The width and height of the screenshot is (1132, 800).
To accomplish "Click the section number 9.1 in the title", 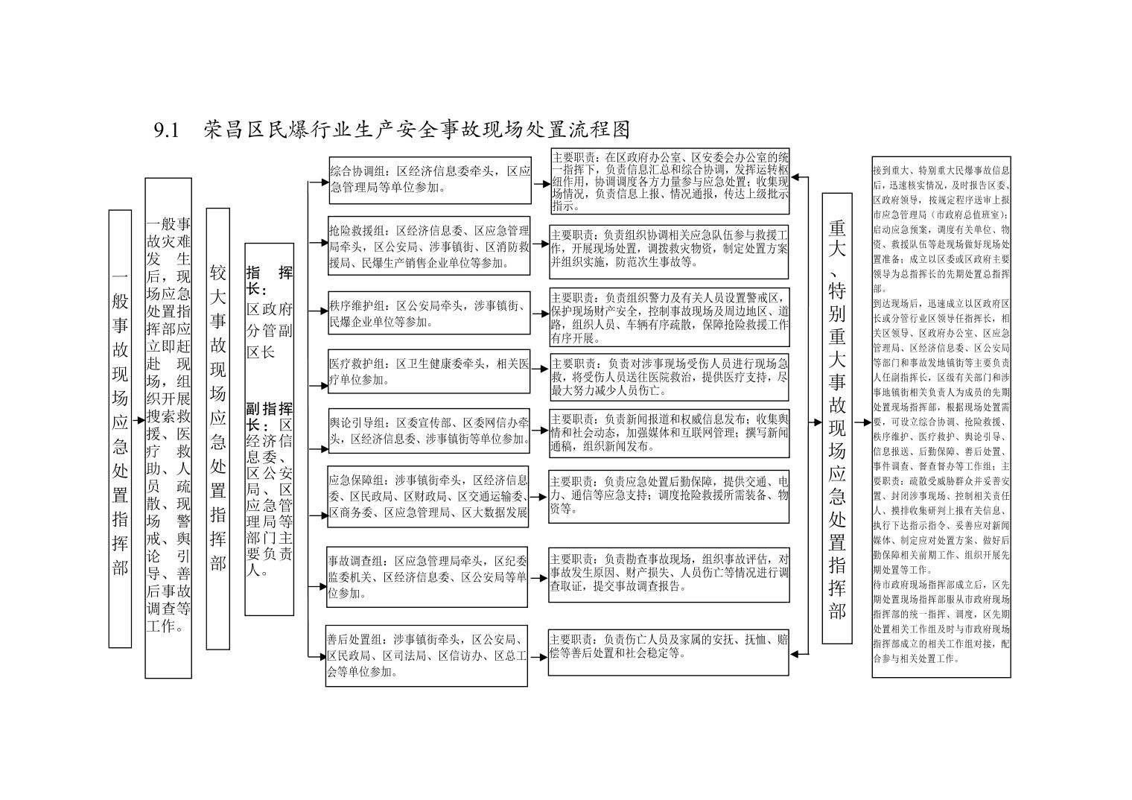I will click(x=167, y=130).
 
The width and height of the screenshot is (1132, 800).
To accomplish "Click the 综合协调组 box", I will click(x=430, y=180).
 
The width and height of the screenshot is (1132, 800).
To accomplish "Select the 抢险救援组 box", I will click(x=429, y=245).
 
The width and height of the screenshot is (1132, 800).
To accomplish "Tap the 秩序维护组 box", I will click(x=429, y=313).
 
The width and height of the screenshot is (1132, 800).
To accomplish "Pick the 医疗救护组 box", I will click(x=429, y=371).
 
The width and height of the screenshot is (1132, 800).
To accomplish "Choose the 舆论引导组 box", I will click(x=429, y=431).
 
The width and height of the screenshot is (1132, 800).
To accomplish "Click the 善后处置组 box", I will click(x=427, y=655).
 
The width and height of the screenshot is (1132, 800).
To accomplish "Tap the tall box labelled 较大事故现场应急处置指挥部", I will click(x=217, y=428).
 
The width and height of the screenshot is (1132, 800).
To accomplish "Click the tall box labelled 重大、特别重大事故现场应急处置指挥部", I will click(x=837, y=418).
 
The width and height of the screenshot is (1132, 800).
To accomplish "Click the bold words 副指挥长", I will click(x=269, y=416).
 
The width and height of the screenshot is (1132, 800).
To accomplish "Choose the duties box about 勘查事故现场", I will click(x=669, y=574).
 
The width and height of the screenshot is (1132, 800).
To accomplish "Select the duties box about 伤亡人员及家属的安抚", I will click(x=669, y=653).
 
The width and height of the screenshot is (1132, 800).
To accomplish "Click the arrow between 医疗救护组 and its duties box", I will click(x=540, y=371).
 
